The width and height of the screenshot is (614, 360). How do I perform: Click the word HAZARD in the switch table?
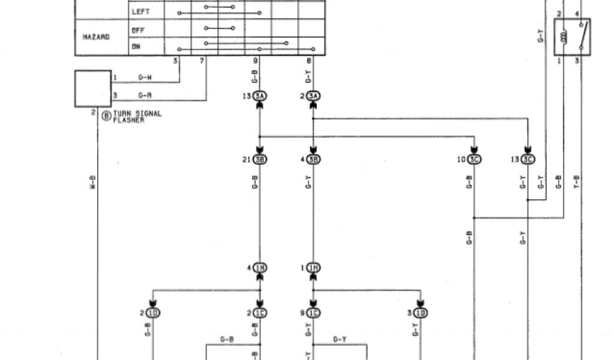96,37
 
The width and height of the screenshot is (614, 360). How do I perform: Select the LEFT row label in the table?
140,11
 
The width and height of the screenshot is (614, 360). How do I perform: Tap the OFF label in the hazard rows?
139,29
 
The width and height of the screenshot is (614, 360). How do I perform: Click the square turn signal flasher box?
93,89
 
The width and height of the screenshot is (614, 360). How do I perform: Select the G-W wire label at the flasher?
145,77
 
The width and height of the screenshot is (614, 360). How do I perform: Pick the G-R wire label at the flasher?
145,95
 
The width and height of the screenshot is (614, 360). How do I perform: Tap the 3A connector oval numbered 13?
260,97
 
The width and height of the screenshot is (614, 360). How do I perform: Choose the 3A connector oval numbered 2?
313,97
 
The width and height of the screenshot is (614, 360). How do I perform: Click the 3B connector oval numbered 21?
260,160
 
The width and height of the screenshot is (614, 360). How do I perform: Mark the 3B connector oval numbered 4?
313,160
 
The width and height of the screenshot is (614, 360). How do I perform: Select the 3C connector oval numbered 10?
474,160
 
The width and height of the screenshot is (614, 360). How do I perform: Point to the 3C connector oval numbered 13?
527,160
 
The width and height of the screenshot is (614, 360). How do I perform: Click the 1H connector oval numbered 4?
260,268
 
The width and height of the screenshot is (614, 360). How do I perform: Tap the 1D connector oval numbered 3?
420,313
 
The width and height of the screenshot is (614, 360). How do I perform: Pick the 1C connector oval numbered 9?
313,313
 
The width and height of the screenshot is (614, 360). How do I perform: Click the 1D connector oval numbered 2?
153,313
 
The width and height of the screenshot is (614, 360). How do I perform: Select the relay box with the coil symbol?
572,37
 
